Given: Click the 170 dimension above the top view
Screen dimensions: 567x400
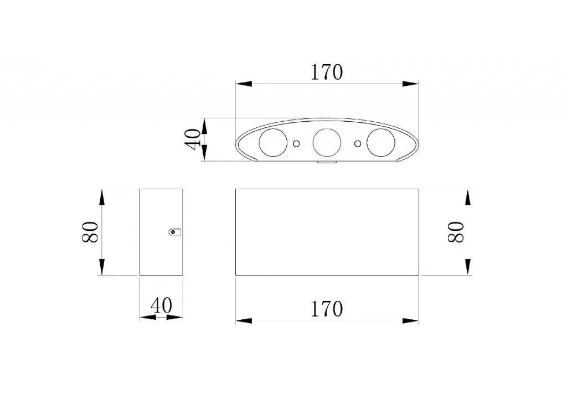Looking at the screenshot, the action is pyautogui.click(x=327, y=72).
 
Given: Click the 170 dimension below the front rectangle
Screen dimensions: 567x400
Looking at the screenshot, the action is pyautogui.click(x=327, y=309).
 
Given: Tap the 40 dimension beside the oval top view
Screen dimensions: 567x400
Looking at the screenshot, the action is pyautogui.click(x=193, y=139).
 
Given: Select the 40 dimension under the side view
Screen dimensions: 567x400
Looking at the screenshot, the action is pyautogui.click(x=161, y=306).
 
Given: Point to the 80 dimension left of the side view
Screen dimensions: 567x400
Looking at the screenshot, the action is pyautogui.click(x=90, y=232).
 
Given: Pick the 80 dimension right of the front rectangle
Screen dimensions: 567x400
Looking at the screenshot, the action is pyautogui.click(x=456, y=232).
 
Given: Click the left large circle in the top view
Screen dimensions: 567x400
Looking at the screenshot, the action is pyautogui.click(x=273, y=142).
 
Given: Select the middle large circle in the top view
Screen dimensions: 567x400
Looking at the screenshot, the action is pyautogui.click(x=327, y=142).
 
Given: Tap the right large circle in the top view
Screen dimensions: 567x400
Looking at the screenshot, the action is pyautogui.click(x=381, y=142).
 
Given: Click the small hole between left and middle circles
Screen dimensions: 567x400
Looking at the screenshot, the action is pyautogui.click(x=296, y=144).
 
